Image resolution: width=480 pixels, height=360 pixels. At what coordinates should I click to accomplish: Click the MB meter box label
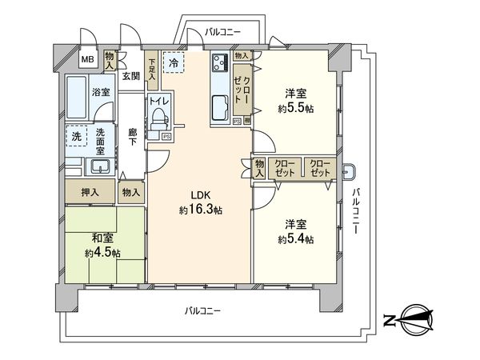coord(87,58)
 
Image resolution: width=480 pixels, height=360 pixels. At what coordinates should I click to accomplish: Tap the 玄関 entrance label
coord(131,77)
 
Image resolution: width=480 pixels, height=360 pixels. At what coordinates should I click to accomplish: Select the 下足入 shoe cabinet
coord(152,62)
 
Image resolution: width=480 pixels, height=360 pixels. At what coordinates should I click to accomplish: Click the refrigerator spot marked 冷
coord(173,61)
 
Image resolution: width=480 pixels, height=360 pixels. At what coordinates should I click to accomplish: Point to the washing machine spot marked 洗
coord(75,137)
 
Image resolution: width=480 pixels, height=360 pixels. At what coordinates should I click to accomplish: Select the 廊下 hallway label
coord(132,138)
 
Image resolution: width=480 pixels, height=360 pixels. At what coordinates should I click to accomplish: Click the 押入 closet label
coord(90,192)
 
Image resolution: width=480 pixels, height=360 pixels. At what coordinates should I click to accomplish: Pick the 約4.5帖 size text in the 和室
coord(101,253)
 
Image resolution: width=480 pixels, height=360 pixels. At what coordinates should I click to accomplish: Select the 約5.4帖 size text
coord(296,239)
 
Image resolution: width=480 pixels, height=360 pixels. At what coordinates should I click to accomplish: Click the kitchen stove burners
coord(221,63)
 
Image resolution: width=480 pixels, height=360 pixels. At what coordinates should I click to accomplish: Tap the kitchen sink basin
coord(220,105)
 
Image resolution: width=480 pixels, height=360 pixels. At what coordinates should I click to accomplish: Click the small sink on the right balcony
coord(350,170)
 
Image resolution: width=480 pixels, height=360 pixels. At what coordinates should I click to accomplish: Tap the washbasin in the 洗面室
coord(101,167)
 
